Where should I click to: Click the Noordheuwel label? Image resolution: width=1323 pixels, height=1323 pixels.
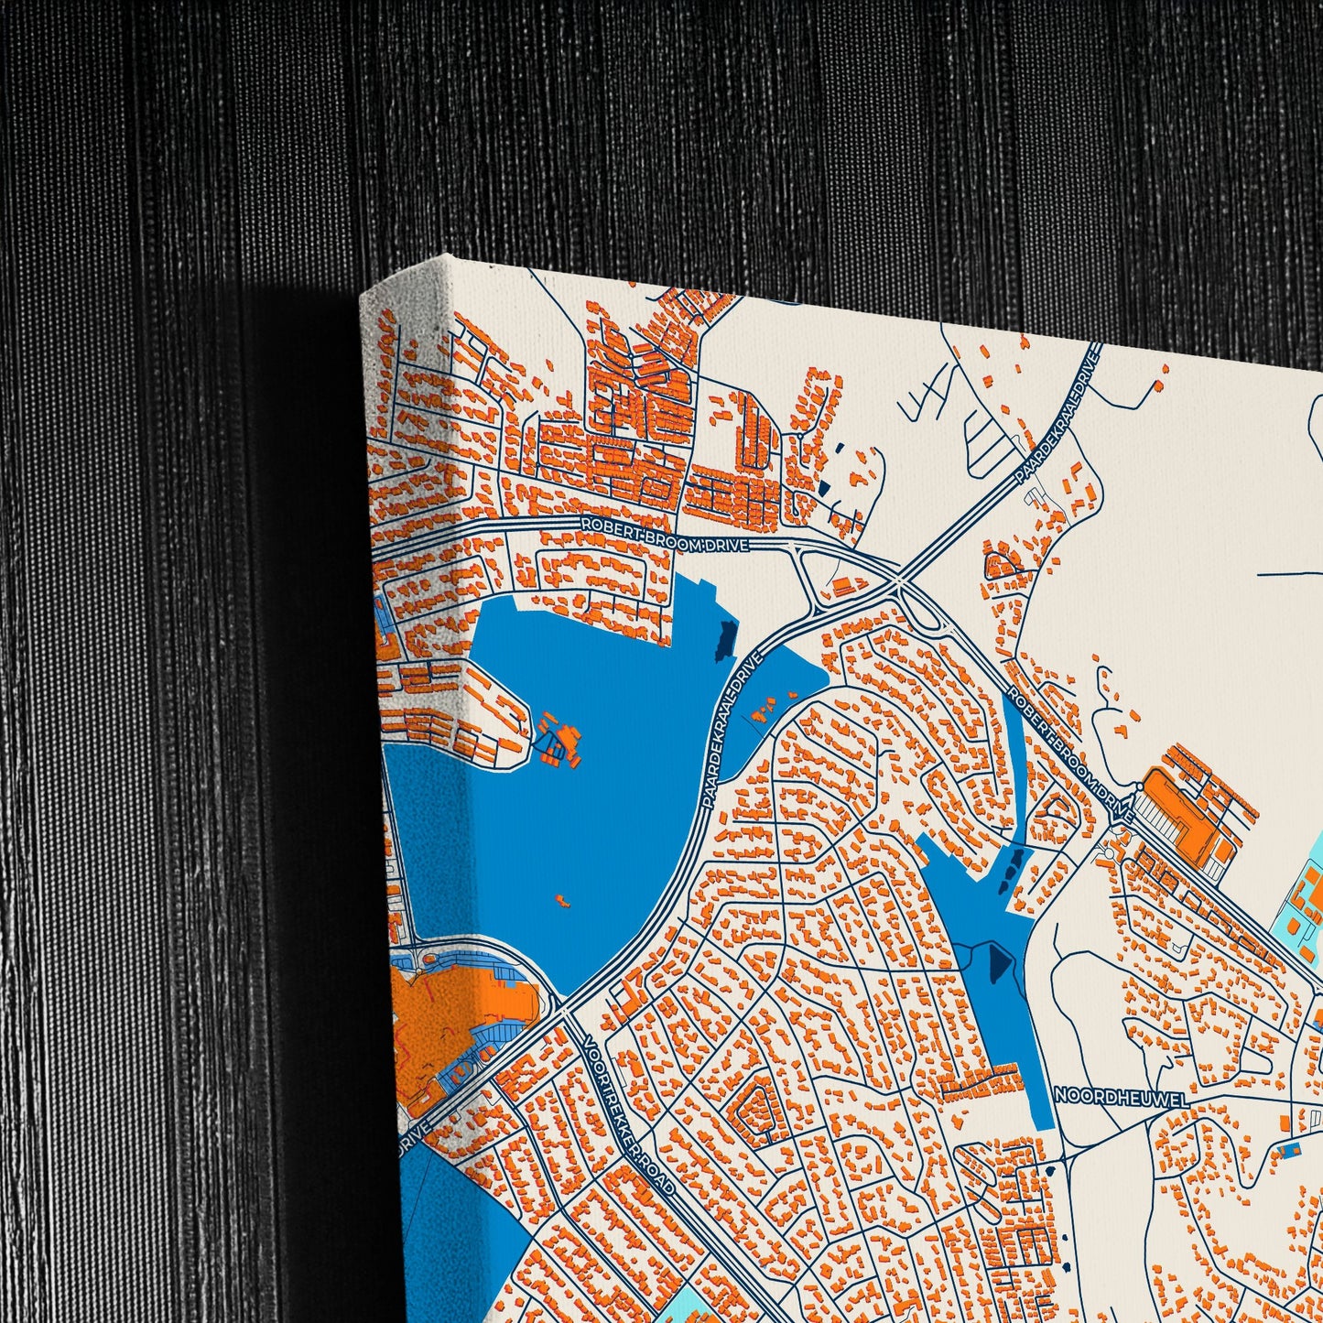[1121, 1096]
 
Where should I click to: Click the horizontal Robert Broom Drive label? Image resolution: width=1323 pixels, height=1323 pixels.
[665, 534]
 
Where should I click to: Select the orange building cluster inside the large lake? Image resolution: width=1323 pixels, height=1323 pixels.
[559, 740]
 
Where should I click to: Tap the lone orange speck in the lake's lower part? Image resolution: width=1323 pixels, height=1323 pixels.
[561, 900]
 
